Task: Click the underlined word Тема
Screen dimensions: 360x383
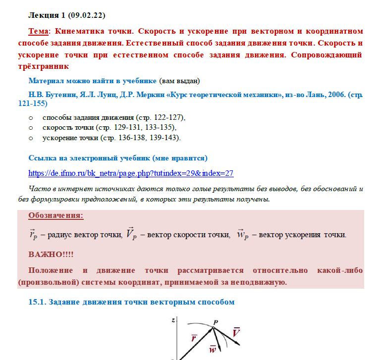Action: (38, 31)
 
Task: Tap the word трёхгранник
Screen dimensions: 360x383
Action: (48, 66)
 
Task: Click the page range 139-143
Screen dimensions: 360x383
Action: (164, 137)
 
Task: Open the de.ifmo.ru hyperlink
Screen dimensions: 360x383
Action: (131, 173)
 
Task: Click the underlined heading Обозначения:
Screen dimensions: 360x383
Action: (56, 215)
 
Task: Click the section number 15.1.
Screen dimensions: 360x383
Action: (38, 302)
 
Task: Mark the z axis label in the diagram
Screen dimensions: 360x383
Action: (173, 320)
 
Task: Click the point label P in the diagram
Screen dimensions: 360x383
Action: (216, 322)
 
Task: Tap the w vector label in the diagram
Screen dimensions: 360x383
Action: (213, 349)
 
